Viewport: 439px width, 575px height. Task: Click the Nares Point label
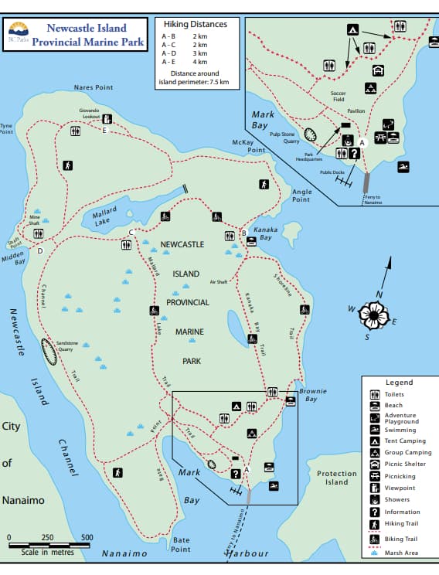94,87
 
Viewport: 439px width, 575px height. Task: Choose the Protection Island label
337,478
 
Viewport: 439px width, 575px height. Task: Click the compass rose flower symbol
378,313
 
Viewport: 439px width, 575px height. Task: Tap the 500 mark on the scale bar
87,537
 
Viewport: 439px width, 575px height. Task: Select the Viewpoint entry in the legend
400,488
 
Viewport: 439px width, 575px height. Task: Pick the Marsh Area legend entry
401,553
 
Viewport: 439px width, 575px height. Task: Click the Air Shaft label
219,282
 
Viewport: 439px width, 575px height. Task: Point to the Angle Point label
301,195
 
